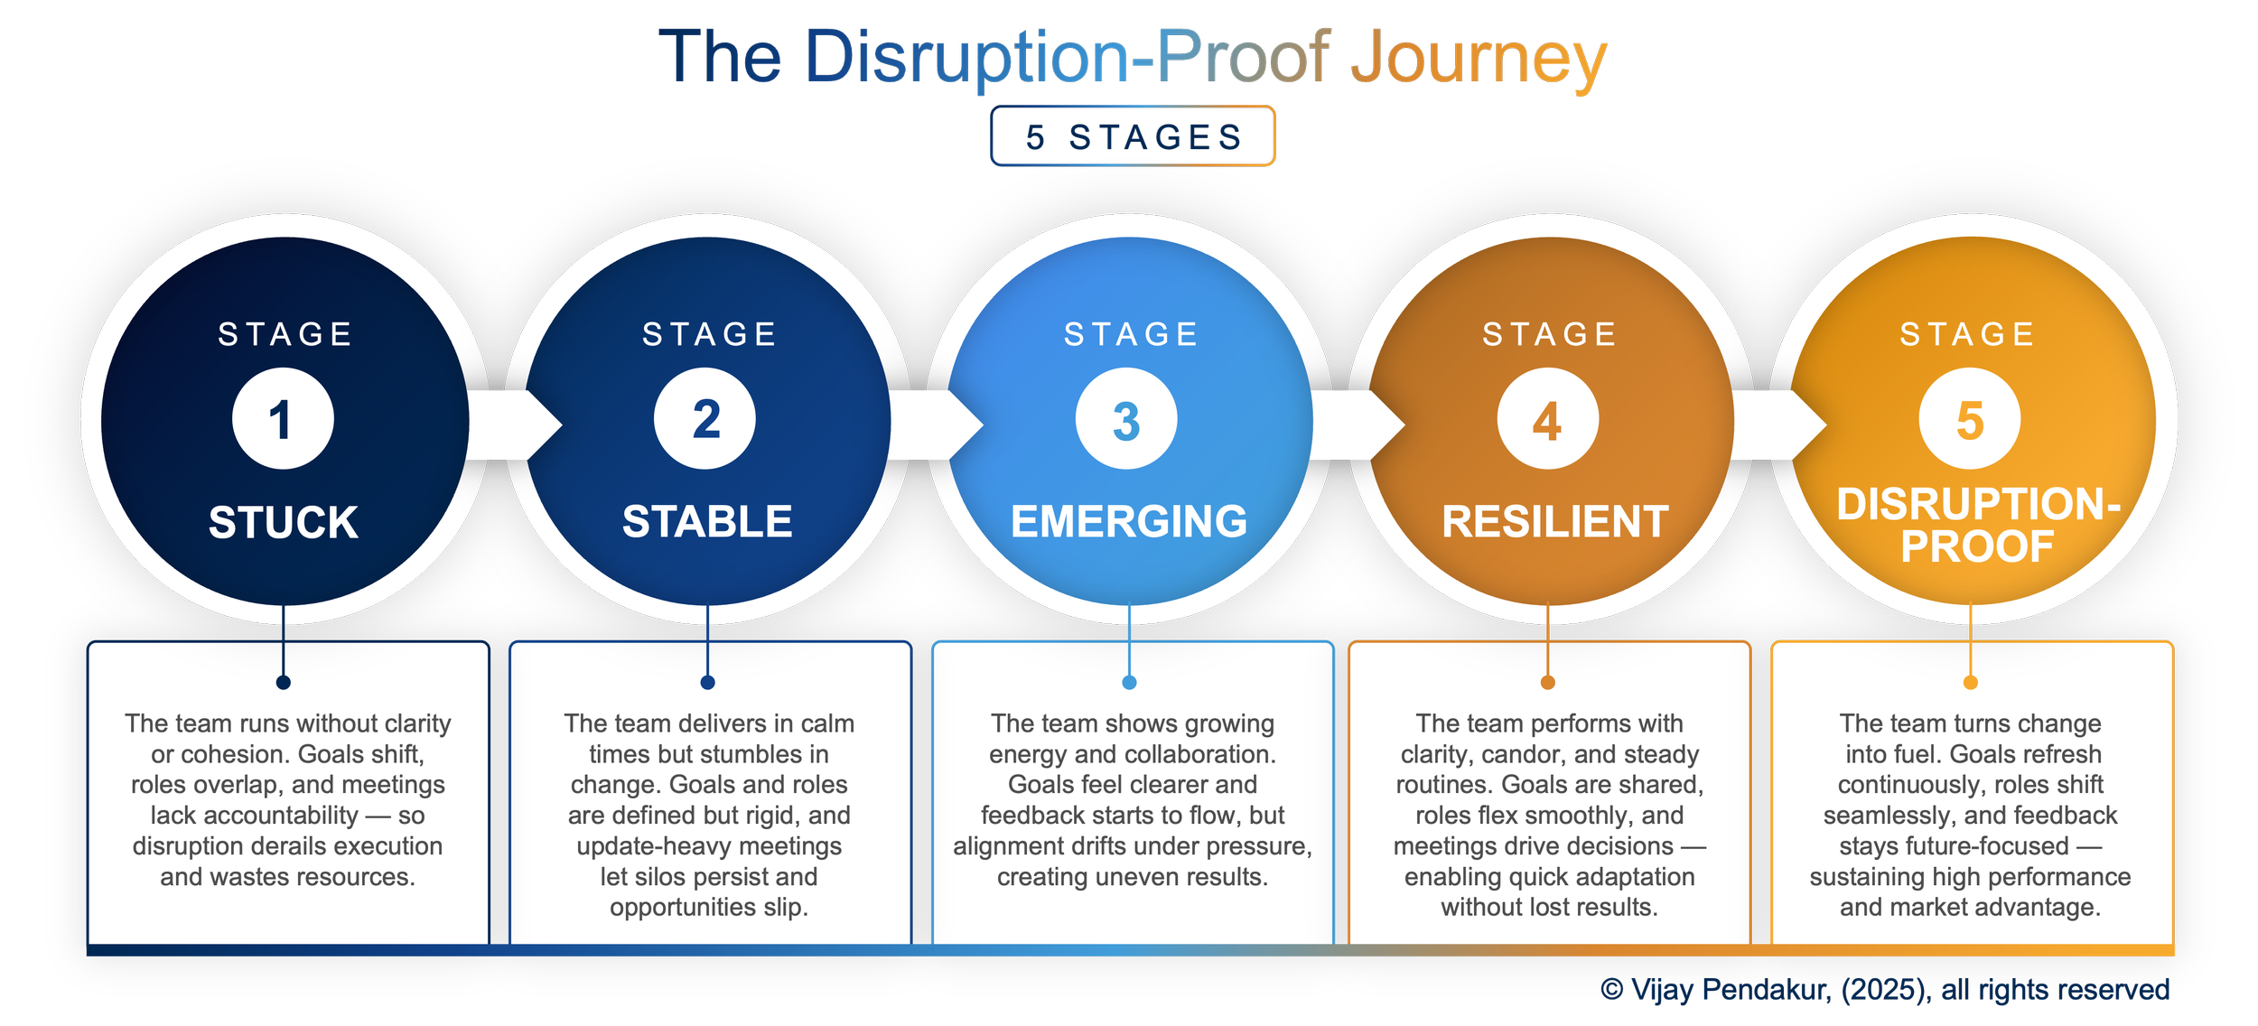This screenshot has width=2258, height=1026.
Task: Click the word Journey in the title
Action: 1479,58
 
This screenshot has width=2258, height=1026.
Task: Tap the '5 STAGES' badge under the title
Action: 1133,136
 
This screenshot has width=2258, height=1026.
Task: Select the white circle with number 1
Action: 283,419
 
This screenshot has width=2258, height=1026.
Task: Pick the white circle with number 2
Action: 705,419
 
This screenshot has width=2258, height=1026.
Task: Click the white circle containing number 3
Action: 1126,419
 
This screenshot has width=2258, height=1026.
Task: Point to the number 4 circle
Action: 1547,419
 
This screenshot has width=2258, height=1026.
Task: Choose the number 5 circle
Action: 1969,419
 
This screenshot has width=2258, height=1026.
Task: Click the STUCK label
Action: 283,522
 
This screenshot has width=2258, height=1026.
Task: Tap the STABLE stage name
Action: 707,521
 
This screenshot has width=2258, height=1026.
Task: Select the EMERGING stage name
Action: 1129,521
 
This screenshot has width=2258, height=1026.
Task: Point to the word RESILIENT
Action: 1554,521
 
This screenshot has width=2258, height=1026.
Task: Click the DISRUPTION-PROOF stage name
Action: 1978,525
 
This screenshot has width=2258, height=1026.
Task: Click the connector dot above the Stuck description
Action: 284,682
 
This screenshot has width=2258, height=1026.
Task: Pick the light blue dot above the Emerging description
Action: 1129,682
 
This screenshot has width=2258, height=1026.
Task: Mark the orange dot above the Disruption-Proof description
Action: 1971,682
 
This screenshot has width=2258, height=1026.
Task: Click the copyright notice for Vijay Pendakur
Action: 1885,990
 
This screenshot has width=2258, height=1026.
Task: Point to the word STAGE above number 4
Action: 1550,334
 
